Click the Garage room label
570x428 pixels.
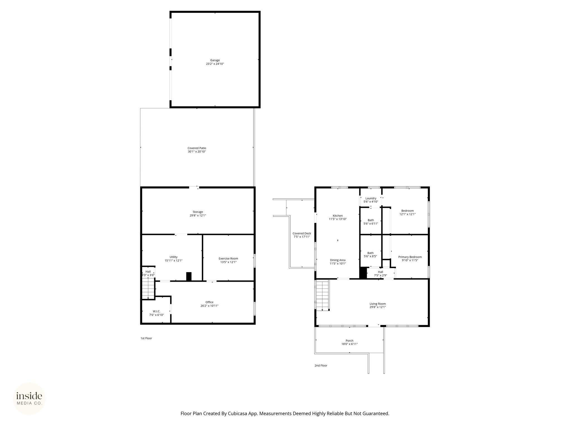[x=215, y=60]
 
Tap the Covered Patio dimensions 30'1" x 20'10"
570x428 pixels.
[x=197, y=152]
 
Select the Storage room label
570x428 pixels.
[x=198, y=212]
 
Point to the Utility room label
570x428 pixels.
[x=173, y=257]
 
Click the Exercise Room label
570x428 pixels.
[x=228, y=259]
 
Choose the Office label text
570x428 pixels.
[x=209, y=302]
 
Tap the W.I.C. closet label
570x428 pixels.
[x=156, y=311]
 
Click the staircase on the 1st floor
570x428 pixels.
[x=148, y=290]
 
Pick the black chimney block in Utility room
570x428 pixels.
[x=189, y=276]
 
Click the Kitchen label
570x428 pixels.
[x=338, y=216]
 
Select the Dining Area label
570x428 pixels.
[x=338, y=260]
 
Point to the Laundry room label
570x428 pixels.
[x=371, y=198]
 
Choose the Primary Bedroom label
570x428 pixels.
[x=410, y=257]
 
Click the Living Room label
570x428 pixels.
[x=378, y=304]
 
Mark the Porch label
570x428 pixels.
[x=350, y=341]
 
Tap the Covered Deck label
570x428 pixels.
[x=302, y=234]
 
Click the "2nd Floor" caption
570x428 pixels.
[x=321, y=366]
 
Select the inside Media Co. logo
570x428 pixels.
[x=29, y=399]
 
